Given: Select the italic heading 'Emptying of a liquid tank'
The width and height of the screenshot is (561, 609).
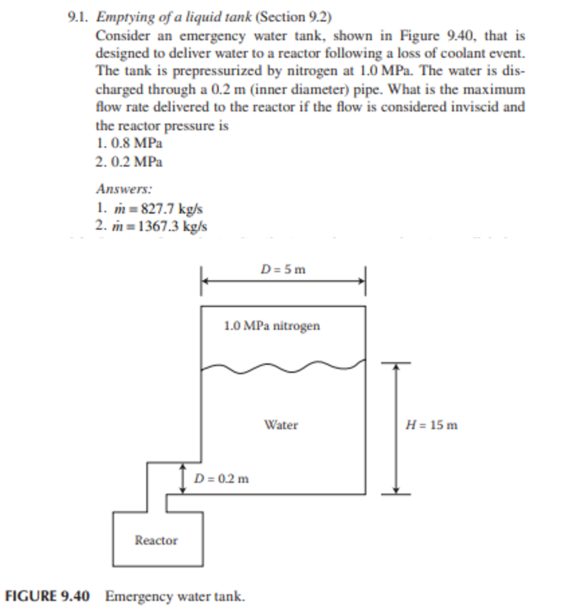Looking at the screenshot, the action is click(174, 17).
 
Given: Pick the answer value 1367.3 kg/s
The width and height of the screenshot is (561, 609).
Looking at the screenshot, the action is click(172, 226).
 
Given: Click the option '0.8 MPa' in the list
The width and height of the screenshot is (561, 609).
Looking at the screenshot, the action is click(137, 143).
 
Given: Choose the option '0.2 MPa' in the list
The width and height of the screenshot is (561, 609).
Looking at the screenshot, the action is click(137, 162).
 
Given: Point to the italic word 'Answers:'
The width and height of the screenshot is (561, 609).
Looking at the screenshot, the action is click(124, 189).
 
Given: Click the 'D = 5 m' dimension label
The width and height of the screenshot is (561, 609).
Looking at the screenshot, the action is click(283, 269).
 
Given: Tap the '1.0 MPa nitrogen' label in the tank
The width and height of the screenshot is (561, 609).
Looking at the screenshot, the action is click(272, 326).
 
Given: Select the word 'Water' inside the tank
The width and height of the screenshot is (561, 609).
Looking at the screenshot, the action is click(281, 425).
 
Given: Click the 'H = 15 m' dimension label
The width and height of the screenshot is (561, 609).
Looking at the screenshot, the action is click(431, 425).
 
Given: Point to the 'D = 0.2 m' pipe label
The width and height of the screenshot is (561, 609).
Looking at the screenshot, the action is click(221, 479).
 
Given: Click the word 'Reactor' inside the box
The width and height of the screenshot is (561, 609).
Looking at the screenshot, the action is click(156, 540).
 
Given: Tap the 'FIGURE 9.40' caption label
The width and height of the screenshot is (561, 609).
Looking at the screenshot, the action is click(47, 596).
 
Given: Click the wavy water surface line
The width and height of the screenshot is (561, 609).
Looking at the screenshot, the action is click(283, 367).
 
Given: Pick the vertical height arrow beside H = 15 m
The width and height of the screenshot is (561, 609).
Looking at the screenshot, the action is click(396, 428).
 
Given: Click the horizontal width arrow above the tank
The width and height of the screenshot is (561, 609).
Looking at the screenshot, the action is click(283, 281).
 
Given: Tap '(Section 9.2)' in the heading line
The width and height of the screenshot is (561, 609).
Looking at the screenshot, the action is click(293, 17).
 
